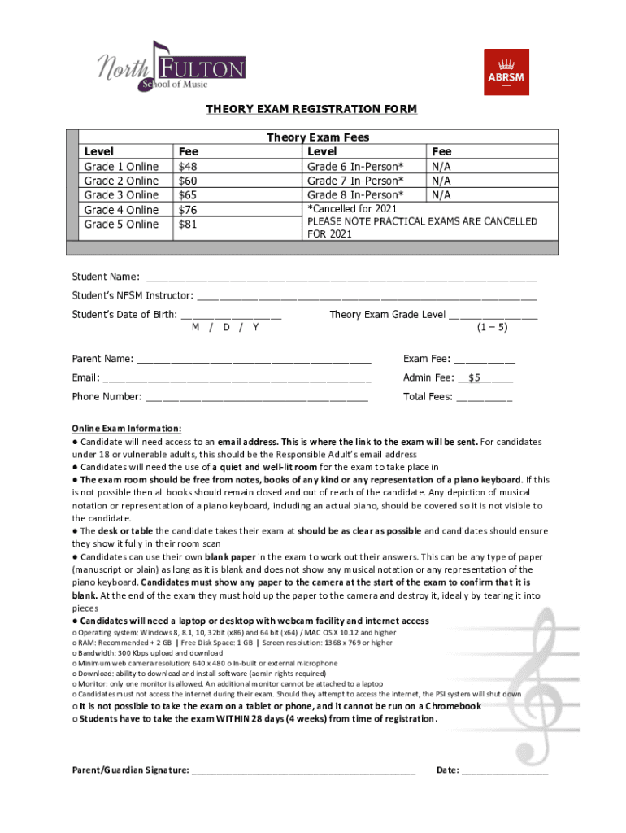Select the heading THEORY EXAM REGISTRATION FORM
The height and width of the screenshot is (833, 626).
(x=312, y=110)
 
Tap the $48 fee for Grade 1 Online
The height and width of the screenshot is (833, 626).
(x=188, y=167)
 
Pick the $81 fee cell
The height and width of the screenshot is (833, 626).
(x=188, y=225)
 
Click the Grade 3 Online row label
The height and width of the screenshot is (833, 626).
(x=122, y=195)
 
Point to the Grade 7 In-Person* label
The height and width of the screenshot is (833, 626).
(x=354, y=181)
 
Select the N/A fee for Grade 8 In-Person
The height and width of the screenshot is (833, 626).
(x=442, y=195)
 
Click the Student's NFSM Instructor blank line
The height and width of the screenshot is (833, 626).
(x=367, y=296)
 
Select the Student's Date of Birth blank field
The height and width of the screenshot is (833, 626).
(x=231, y=316)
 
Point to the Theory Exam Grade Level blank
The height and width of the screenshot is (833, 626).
(x=493, y=316)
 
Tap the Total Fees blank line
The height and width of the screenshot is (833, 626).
(x=484, y=398)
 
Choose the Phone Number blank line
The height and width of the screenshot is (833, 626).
(x=257, y=398)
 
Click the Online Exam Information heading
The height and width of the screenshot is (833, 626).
(x=127, y=429)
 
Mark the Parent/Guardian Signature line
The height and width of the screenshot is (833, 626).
(x=303, y=770)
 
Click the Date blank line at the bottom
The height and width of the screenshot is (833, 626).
(x=505, y=770)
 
